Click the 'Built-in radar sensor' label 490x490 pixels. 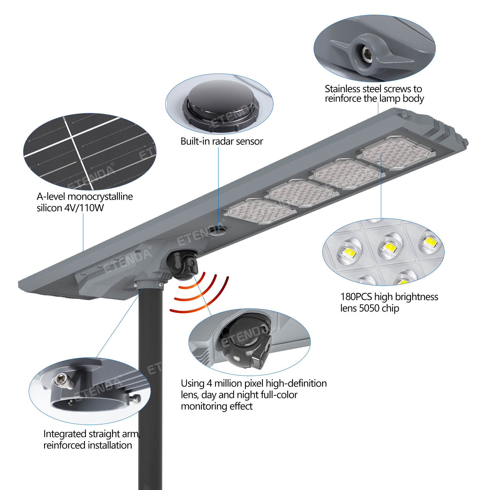221,141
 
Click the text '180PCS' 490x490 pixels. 356,297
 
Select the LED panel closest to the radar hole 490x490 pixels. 260,211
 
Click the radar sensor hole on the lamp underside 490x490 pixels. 217,231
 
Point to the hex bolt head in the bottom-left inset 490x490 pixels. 61,380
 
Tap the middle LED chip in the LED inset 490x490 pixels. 389,247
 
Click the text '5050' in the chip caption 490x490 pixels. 369,308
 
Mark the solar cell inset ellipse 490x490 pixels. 90,152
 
